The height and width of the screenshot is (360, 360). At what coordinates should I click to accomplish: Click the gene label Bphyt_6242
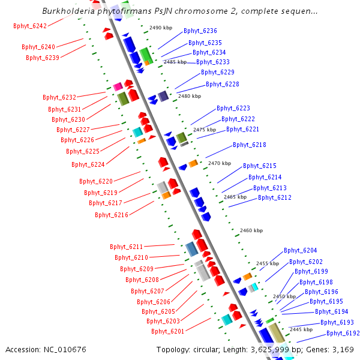click(x=30, y=26)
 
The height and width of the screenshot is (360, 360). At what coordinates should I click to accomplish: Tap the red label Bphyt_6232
click(x=59, y=97)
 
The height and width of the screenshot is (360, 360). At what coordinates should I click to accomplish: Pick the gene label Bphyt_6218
click(x=250, y=145)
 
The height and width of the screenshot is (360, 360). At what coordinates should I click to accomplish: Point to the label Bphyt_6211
click(x=127, y=247)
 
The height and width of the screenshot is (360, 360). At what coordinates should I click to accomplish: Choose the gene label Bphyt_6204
click(x=301, y=250)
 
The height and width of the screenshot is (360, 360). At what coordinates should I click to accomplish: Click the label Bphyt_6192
click(x=343, y=333)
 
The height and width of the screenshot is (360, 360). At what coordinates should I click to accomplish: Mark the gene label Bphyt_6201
click(x=168, y=331)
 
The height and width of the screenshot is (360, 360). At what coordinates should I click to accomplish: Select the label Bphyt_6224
click(x=88, y=164)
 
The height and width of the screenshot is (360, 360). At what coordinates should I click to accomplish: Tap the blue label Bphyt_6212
click(x=275, y=197)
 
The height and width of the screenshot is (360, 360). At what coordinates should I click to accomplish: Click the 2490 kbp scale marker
click(x=161, y=28)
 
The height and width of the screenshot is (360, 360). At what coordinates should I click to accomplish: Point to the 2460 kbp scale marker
click(x=251, y=230)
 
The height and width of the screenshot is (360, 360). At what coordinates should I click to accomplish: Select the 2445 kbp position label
click(x=301, y=329)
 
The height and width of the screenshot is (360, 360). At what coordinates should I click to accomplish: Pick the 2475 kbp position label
click(x=204, y=130)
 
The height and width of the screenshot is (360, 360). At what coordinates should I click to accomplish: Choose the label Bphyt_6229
click(x=217, y=72)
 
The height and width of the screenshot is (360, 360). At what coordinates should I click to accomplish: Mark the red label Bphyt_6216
click(x=112, y=214)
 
